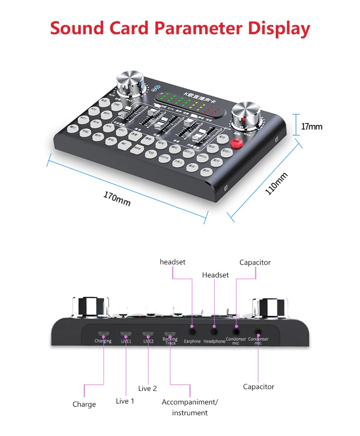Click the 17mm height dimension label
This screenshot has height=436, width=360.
tap(312, 127)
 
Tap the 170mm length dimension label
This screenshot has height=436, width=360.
tap(117, 199)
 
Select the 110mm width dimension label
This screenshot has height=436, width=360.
tap(276, 183)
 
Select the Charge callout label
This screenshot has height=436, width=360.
tap(84, 404)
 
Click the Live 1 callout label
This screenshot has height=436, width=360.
tap(125, 401)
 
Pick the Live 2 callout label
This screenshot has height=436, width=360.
tap(148, 388)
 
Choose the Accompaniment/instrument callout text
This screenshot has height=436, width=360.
tap(189, 407)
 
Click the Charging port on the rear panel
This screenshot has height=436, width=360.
tap(103, 334)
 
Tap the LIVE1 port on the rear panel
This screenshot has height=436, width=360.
tap(126, 334)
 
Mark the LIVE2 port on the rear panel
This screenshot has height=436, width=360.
tap(148, 334)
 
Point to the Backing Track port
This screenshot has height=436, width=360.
tap(170, 334)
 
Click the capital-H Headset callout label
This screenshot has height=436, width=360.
tap(216, 275)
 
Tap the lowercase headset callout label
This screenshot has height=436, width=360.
tap(172, 262)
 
